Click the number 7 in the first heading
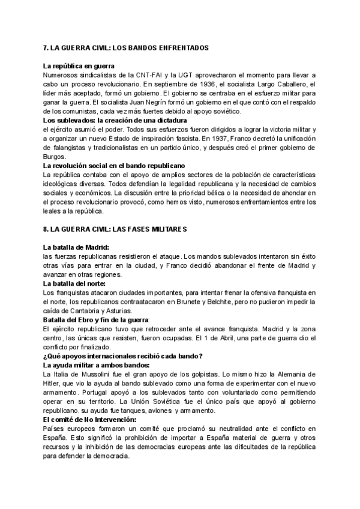click(x=46, y=47)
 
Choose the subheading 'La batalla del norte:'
click(x=74, y=283)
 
